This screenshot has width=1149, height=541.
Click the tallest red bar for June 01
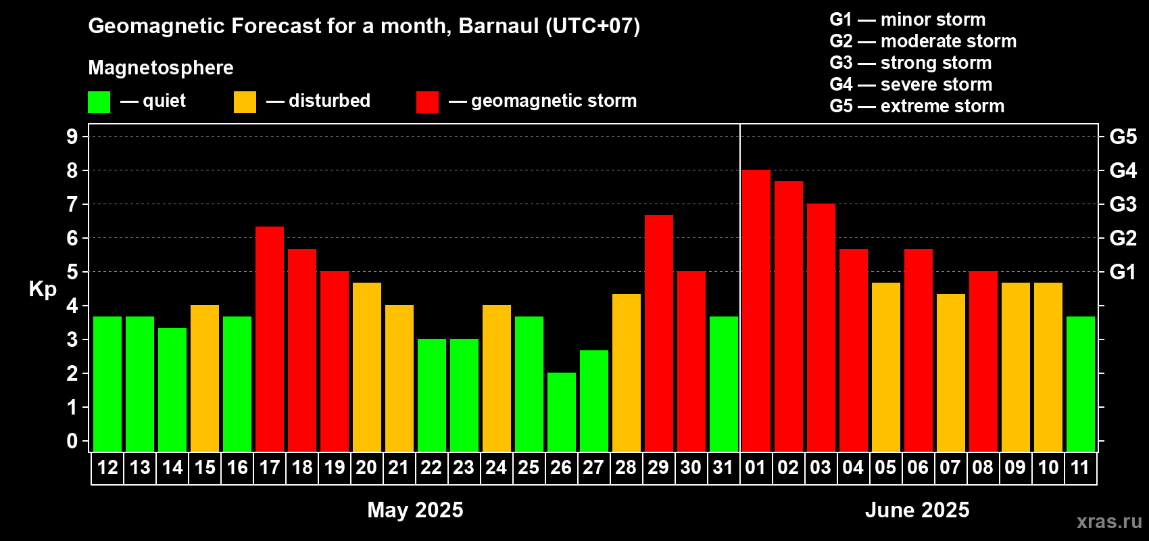pyautogui.click(x=756, y=310)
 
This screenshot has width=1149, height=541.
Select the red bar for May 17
pyautogui.click(x=270, y=339)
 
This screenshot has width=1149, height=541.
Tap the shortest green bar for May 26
pyautogui.click(x=561, y=412)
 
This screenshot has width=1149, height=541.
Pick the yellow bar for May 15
pyautogui.click(x=205, y=378)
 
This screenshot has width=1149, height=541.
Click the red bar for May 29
pyautogui.click(x=658, y=333)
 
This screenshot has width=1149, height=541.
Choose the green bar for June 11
pyautogui.click(x=1080, y=384)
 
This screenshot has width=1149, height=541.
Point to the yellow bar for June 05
pyautogui.click(x=886, y=367)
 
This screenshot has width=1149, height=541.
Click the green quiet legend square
pyautogui.click(x=99, y=101)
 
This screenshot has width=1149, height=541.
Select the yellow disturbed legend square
pyautogui.click(x=245, y=101)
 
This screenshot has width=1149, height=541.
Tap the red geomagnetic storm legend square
pyautogui.click(x=428, y=101)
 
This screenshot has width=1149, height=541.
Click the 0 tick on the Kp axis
pyautogui.click(x=72, y=441)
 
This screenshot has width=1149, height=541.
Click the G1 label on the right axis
pyautogui.click(x=1123, y=272)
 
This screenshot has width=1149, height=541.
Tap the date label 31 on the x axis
pyautogui.click(x=723, y=467)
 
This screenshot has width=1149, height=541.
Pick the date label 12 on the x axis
pyautogui.click(x=107, y=467)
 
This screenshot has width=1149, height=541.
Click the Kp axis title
pyautogui.click(x=43, y=289)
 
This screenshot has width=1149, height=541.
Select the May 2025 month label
pyautogui.click(x=416, y=510)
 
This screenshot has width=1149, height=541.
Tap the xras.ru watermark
pyautogui.click(x=1109, y=522)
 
